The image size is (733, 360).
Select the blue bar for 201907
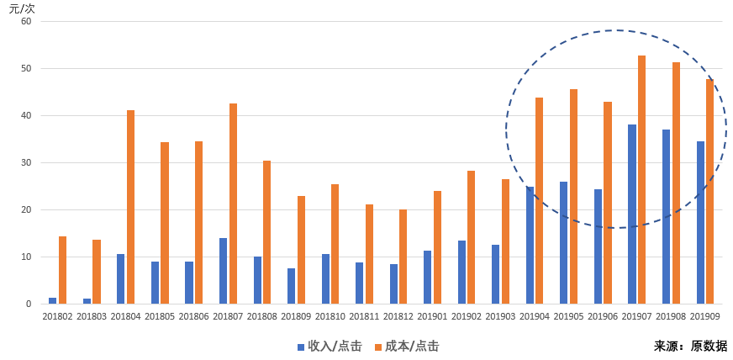(x=632, y=214)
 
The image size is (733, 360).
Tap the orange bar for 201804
(x=130, y=207)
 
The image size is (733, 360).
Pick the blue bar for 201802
(x=53, y=300)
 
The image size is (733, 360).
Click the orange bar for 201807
(x=233, y=204)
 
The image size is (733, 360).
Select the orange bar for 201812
(x=403, y=257)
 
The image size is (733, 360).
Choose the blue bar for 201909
(x=700, y=223)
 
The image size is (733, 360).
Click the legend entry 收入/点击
(x=330, y=347)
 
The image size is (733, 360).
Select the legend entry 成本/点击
(x=407, y=347)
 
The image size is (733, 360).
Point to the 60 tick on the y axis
(x=26, y=22)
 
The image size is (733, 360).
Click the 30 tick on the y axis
(x=26, y=163)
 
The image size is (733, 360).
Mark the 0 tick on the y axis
(x=29, y=304)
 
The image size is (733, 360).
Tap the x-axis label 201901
(x=432, y=316)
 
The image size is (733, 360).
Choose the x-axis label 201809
(x=296, y=316)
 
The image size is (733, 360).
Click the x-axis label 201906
(x=603, y=316)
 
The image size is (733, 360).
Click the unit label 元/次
(x=22, y=8)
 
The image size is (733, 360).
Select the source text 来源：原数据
(x=690, y=346)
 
